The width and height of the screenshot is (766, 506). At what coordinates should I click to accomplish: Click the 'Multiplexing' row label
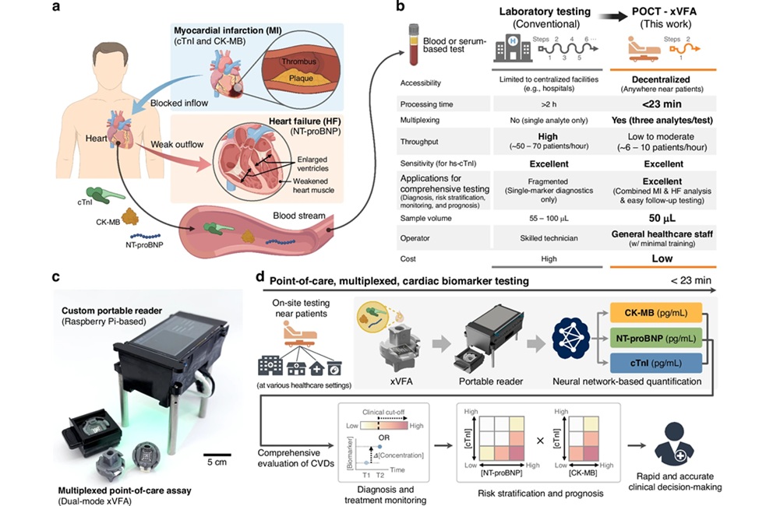[422, 123]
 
